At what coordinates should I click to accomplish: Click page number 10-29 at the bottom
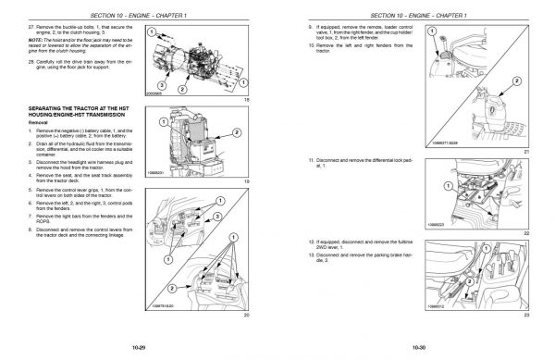(141, 346)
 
